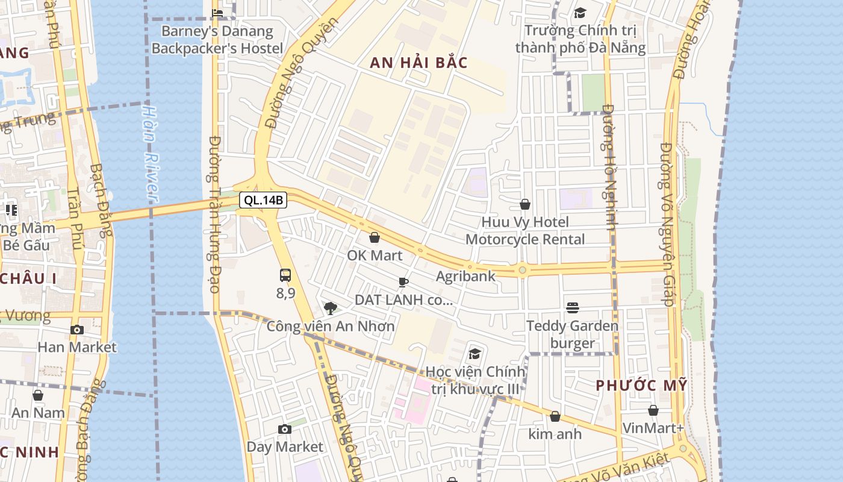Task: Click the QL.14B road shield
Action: (x=263, y=200)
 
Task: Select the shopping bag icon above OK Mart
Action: (x=375, y=238)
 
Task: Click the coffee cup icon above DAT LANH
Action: (x=403, y=282)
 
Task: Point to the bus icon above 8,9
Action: (x=285, y=275)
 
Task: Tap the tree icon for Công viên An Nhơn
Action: (x=330, y=308)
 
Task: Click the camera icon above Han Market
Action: (x=77, y=330)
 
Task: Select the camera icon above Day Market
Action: (x=285, y=429)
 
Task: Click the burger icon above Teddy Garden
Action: (x=573, y=308)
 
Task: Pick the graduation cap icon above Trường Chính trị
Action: (x=580, y=13)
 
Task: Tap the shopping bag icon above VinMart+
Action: (x=653, y=410)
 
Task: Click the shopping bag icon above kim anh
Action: (x=555, y=416)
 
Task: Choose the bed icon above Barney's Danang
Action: (x=217, y=13)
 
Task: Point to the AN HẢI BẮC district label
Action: (x=418, y=63)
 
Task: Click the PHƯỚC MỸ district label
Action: (x=641, y=386)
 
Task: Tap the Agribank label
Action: (x=465, y=276)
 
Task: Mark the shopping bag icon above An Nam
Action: (x=38, y=395)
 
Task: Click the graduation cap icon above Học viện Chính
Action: (x=474, y=354)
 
